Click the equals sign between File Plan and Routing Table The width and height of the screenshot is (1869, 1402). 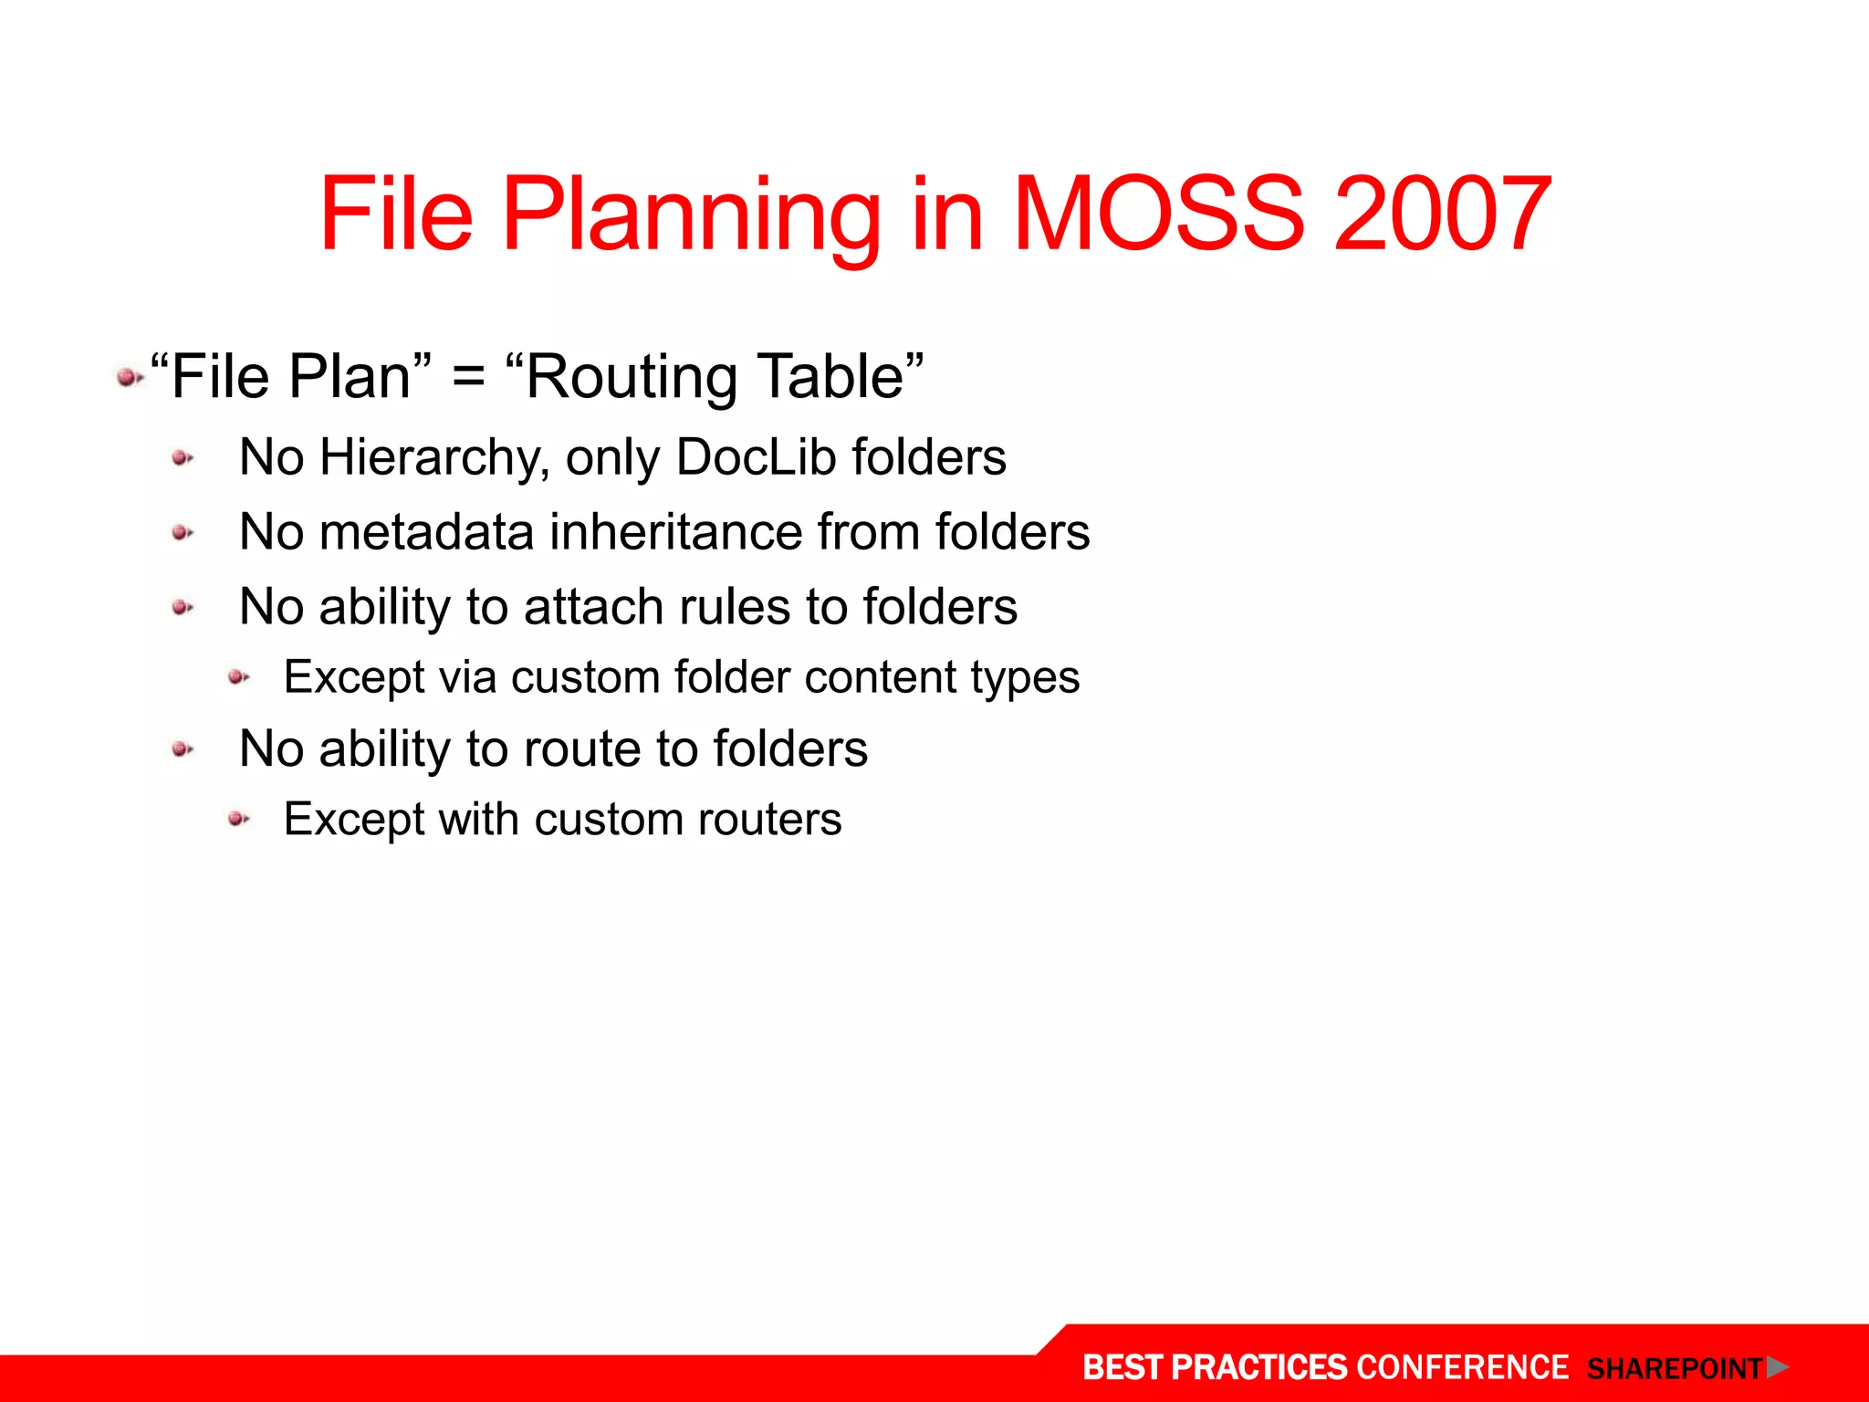pos(467,378)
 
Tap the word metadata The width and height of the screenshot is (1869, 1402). pos(426,532)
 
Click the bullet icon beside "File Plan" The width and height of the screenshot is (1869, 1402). pos(129,377)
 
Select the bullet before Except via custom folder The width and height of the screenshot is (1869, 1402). pos(238,677)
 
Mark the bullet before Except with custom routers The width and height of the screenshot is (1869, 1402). pos(238,819)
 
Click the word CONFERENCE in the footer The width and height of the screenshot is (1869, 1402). pos(1462,1367)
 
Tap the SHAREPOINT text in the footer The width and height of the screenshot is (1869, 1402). pos(1675,1369)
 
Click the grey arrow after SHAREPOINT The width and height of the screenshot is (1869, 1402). pos(1777,1367)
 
